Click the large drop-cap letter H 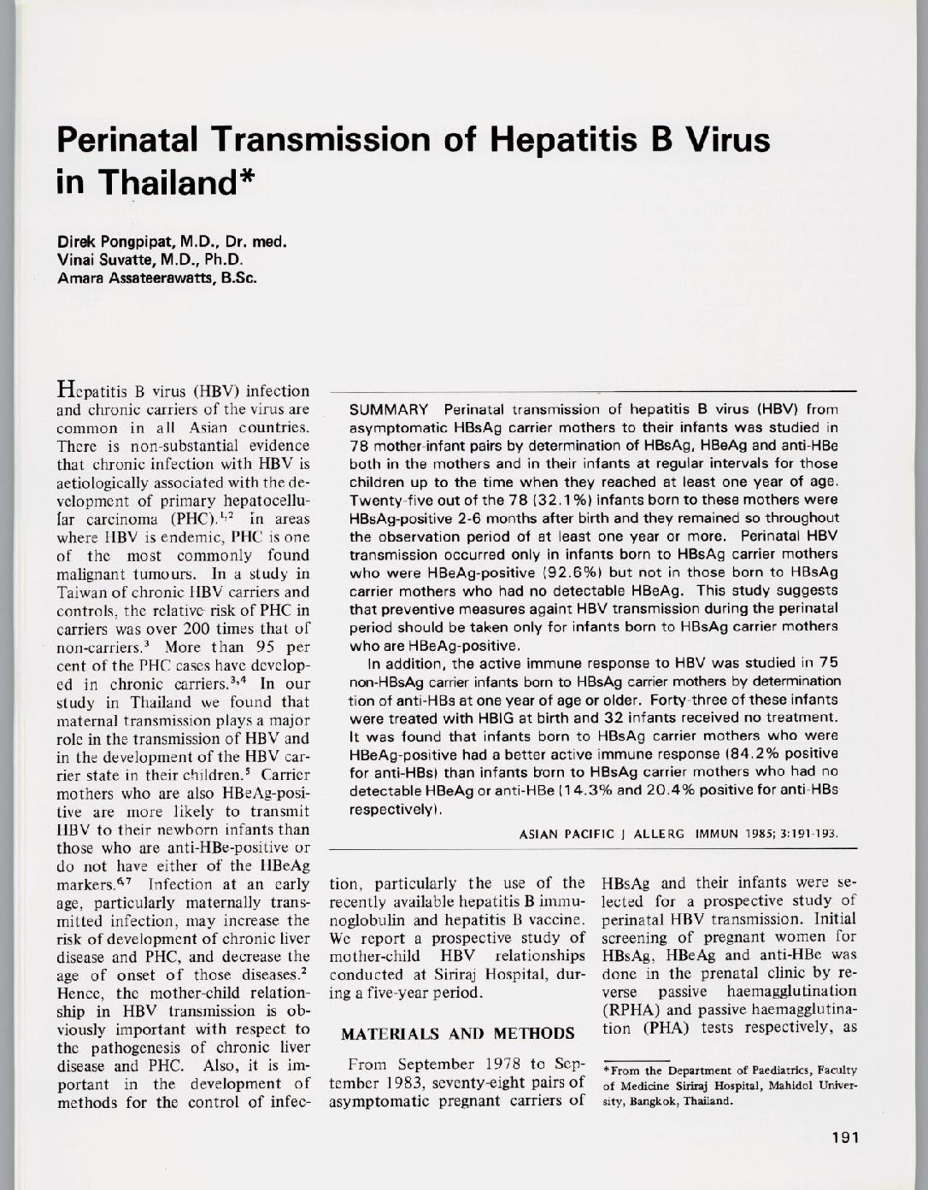click(x=67, y=390)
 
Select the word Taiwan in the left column click(x=82, y=591)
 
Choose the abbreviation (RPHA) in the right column click(x=634, y=1009)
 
